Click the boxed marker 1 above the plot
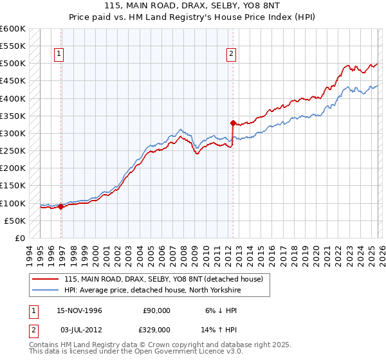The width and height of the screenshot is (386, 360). (59, 55)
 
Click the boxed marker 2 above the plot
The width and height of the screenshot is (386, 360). (230, 55)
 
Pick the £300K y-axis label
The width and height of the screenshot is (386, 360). (13, 133)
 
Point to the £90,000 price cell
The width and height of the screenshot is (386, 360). (156, 310)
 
